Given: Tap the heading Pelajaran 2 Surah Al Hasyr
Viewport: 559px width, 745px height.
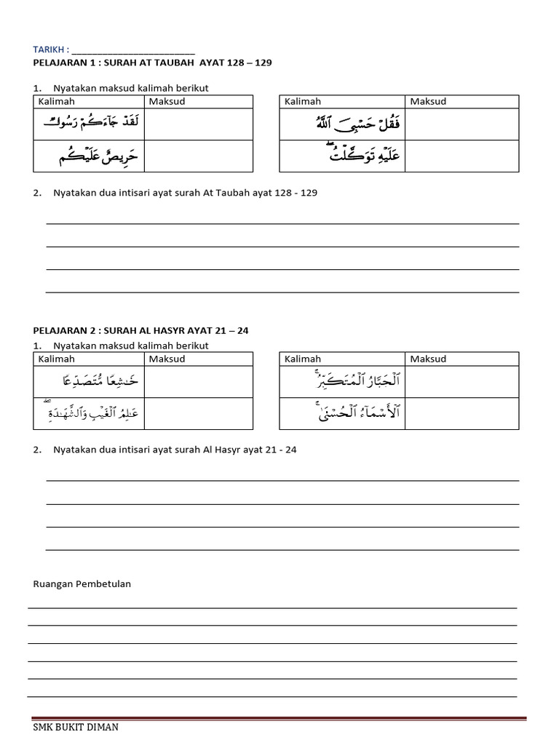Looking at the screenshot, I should coord(140,330).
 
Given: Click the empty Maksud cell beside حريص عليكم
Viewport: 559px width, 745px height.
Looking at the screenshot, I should coord(198,156).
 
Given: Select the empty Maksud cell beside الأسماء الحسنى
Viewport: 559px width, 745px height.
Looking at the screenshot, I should coord(461,413).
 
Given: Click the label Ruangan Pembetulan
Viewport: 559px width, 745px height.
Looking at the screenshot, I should coord(82,583).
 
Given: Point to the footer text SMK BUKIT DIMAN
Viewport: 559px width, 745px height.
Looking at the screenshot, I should coord(76,727).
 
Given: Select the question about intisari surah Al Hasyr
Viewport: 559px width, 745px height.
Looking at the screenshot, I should coord(175,450).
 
